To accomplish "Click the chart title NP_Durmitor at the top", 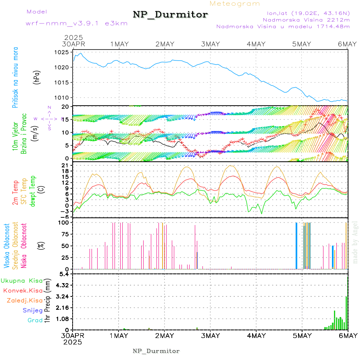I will (171, 15).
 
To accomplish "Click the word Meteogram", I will (235, 4).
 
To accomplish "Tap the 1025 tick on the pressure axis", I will (63, 52).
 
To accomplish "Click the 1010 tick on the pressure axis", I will (63, 97).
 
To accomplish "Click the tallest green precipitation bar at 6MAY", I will (346, 313).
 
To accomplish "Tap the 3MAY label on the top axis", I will (210, 44).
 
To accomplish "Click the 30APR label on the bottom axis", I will (73, 336).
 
